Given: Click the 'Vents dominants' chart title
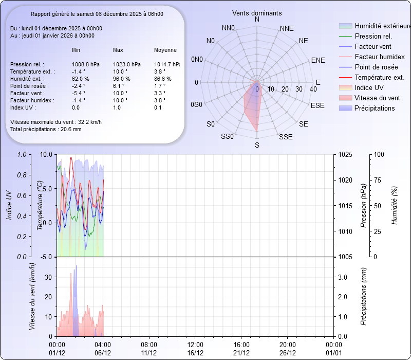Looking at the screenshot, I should pyautogui.click(x=257, y=12).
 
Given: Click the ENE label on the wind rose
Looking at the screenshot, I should pyautogui.click(x=318, y=60).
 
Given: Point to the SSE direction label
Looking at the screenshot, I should pyautogui.click(x=286, y=137).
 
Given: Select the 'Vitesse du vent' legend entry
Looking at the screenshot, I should pyautogui.click(x=377, y=98).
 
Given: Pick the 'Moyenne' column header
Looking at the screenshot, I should pyautogui.click(x=165, y=50).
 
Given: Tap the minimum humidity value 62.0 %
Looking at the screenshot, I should pyautogui.click(x=81, y=79).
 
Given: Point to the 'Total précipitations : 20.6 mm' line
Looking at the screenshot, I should pyautogui.click(x=46, y=129).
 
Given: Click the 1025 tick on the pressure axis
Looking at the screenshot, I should pyautogui.click(x=346, y=154).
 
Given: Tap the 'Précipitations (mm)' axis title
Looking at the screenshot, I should pyautogui.click(x=363, y=296).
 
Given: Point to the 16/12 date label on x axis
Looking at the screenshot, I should pyautogui.click(x=195, y=353).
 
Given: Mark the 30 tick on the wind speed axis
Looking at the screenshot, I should pyautogui.click(x=48, y=277).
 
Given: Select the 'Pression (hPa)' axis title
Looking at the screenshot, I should pyautogui.click(x=363, y=206).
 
